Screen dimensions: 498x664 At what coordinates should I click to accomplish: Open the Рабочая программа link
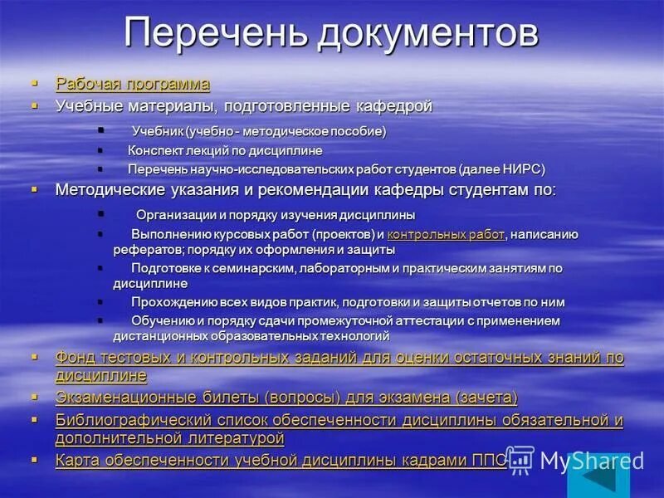tap(132, 84)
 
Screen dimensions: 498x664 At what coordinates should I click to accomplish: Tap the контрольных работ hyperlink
tap(446, 235)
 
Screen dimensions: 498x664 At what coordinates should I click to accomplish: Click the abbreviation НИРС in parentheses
tap(521, 169)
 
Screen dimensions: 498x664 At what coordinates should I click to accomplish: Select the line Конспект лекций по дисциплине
tap(225, 150)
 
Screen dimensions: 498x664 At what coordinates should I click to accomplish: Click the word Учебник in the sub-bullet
tap(157, 131)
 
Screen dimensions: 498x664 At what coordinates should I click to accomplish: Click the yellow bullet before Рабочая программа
tap(35, 83)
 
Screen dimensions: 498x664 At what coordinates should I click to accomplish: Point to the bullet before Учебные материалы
tap(35, 106)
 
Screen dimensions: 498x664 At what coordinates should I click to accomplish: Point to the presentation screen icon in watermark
tap(520, 459)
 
